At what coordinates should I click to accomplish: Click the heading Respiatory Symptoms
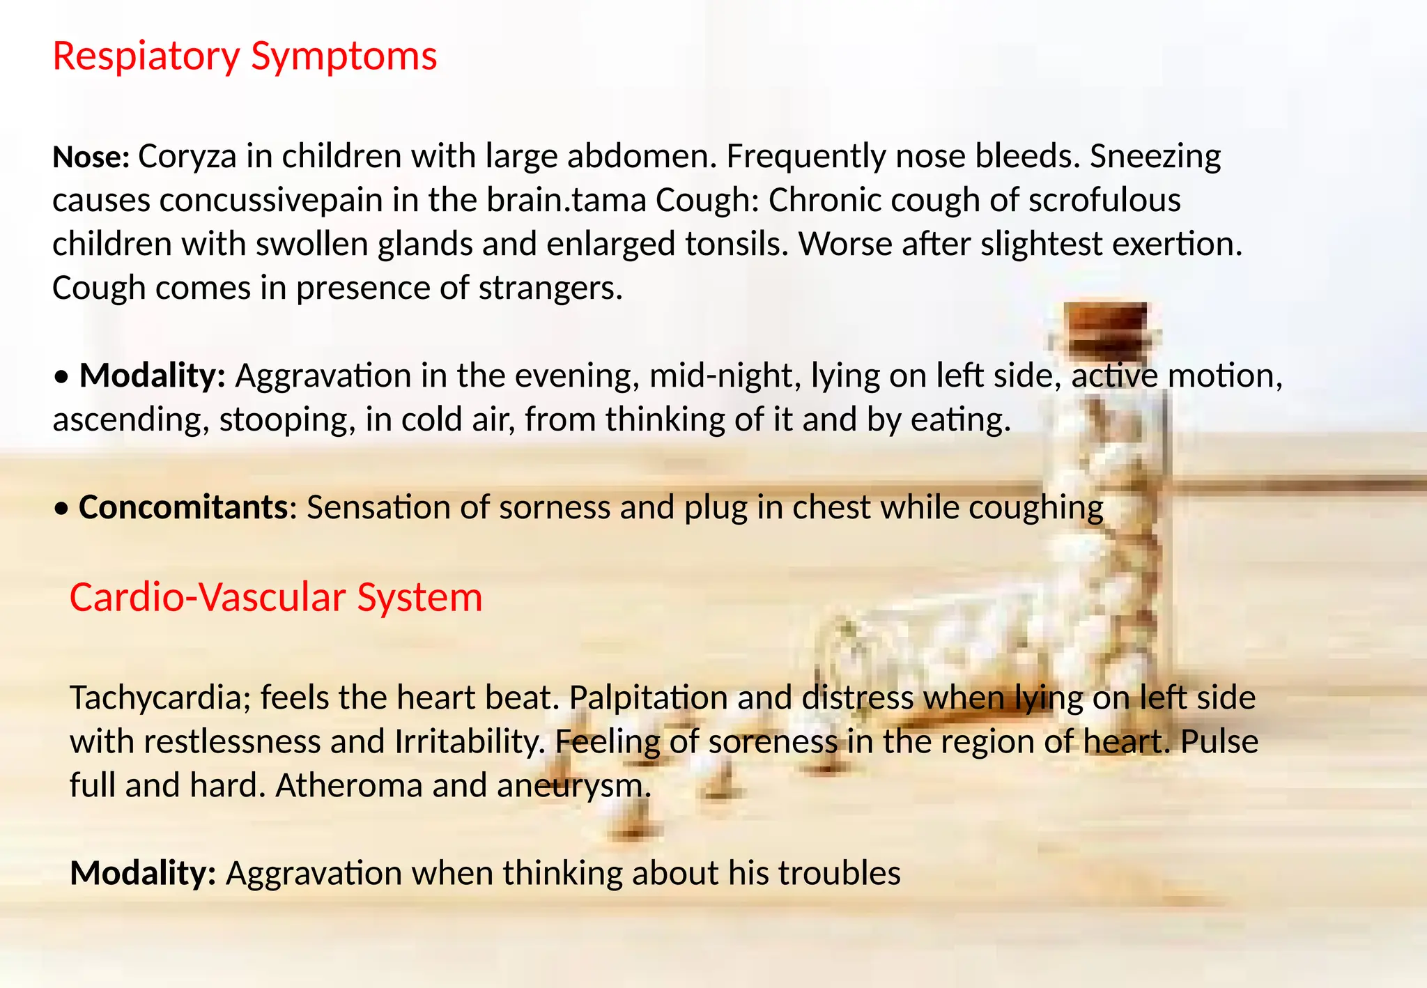tap(245, 56)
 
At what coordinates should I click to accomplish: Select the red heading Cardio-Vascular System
tap(276, 598)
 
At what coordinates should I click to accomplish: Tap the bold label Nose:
tap(91, 157)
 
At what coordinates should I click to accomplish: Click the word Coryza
tap(187, 157)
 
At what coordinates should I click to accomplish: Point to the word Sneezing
tap(1155, 157)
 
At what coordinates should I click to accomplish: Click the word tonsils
tap(736, 245)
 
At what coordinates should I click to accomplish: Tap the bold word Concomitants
tap(183, 507)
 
